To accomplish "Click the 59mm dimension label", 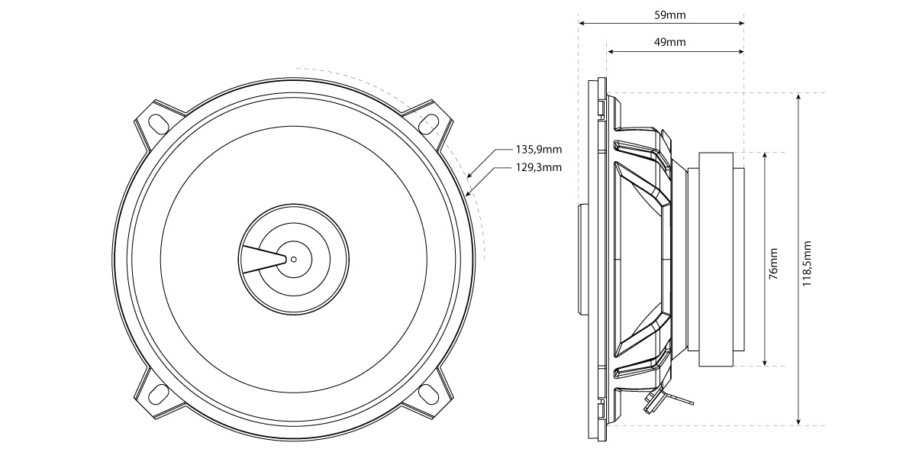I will click(x=660, y=15).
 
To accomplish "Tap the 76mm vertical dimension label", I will click(x=773, y=261).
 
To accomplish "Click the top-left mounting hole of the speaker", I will click(x=159, y=122).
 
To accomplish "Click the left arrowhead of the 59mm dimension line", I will click(x=582, y=24).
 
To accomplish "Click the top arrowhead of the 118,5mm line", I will click(x=798, y=97).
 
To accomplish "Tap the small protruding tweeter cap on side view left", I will click(x=582, y=260).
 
